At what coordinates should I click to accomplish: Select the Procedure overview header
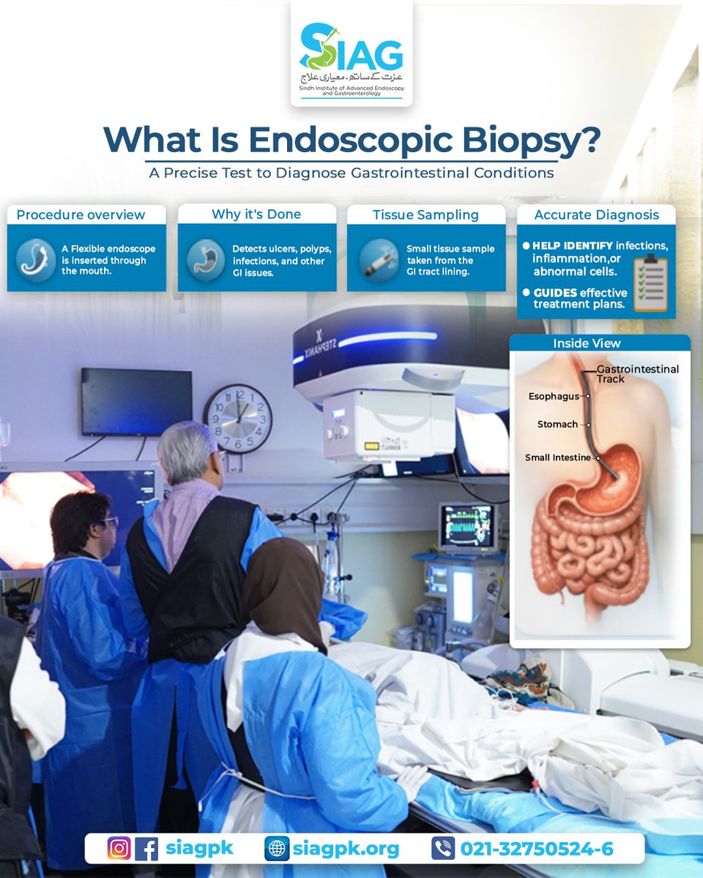81,214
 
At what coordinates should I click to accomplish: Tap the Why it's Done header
256,214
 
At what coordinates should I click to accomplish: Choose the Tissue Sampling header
425,214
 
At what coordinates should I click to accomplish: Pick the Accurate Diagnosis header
596,214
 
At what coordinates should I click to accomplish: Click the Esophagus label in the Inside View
553,397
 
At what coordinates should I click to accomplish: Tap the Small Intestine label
557,457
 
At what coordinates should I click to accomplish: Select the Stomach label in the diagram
557,424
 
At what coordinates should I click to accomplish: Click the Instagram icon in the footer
119,849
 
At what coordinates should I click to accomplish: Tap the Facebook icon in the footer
146,849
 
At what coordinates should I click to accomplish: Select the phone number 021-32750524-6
536,849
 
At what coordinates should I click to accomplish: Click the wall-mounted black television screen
136,402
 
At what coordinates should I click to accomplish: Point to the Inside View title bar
600,343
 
